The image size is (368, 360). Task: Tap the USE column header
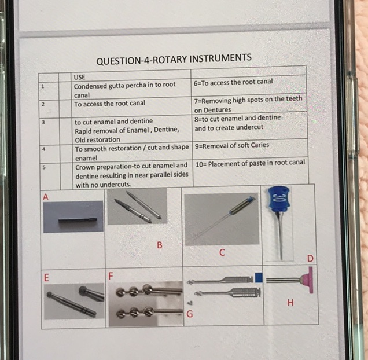pyautogui.click(x=80, y=77)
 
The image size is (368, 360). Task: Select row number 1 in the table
pyautogui.click(x=43, y=86)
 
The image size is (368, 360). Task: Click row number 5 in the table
pyautogui.click(x=44, y=167)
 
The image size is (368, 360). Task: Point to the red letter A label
pyautogui.click(x=46, y=197)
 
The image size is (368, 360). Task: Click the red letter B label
pyautogui.click(x=160, y=245)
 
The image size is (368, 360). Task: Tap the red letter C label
pyautogui.click(x=222, y=252)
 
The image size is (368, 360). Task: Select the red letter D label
pyautogui.click(x=310, y=259)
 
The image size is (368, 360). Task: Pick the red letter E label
pyautogui.click(x=46, y=278)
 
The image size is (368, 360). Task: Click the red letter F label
pyautogui.click(x=111, y=276)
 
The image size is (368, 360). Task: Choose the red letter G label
pyautogui.click(x=190, y=314)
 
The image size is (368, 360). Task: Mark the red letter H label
pyautogui.click(x=290, y=303)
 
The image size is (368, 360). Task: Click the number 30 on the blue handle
pyautogui.click(x=277, y=197)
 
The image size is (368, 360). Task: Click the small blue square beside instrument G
pyautogui.click(x=259, y=277)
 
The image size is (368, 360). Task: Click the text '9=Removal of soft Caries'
pyautogui.click(x=232, y=146)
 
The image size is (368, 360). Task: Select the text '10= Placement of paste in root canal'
pyautogui.click(x=250, y=163)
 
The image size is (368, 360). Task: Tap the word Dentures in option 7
pyautogui.click(x=218, y=110)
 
